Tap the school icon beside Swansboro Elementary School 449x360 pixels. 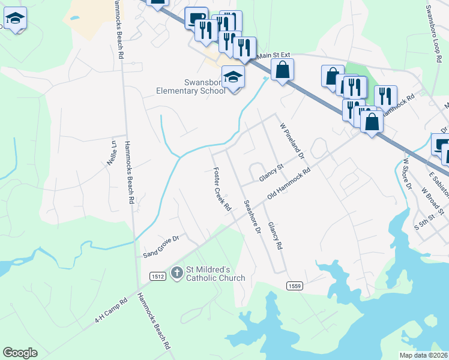(x=233, y=77)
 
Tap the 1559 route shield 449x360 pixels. (x=294, y=286)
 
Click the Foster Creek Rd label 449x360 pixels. (x=222, y=188)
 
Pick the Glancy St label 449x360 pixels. (x=271, y=173)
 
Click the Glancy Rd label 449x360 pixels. (x=275, y=235)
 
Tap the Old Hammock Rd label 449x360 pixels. (x=289, y=184)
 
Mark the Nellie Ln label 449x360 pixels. (x=112, y=153)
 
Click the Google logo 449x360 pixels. (x=20, y=353)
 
